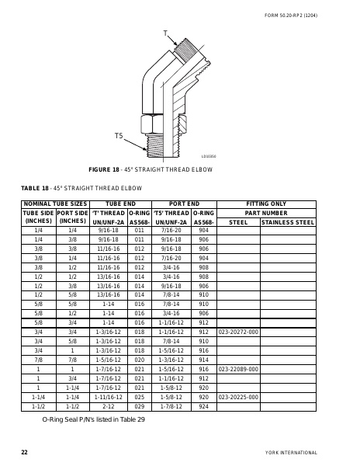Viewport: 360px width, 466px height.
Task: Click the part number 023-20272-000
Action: tap(238, 332)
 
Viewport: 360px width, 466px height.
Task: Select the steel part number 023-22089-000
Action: tap(238, 369)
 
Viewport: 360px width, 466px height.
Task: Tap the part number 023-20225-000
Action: tap(238, 397)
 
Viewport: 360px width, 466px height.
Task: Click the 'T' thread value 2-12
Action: tap(107, 406)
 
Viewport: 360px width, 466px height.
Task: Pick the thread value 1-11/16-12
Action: tap(107, 397)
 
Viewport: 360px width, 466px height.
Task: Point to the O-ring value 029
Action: tap(140, 406)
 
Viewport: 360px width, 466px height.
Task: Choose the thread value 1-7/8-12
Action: tap(171, 406)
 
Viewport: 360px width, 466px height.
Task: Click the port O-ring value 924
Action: tap(203, 406)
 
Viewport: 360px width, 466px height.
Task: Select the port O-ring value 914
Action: tap(203, 360)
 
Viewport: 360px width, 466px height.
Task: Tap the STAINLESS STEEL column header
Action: tap(288, 221)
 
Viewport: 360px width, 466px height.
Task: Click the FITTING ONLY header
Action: tap(266, 203)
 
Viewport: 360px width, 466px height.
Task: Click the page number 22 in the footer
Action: tap(24, 451)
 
